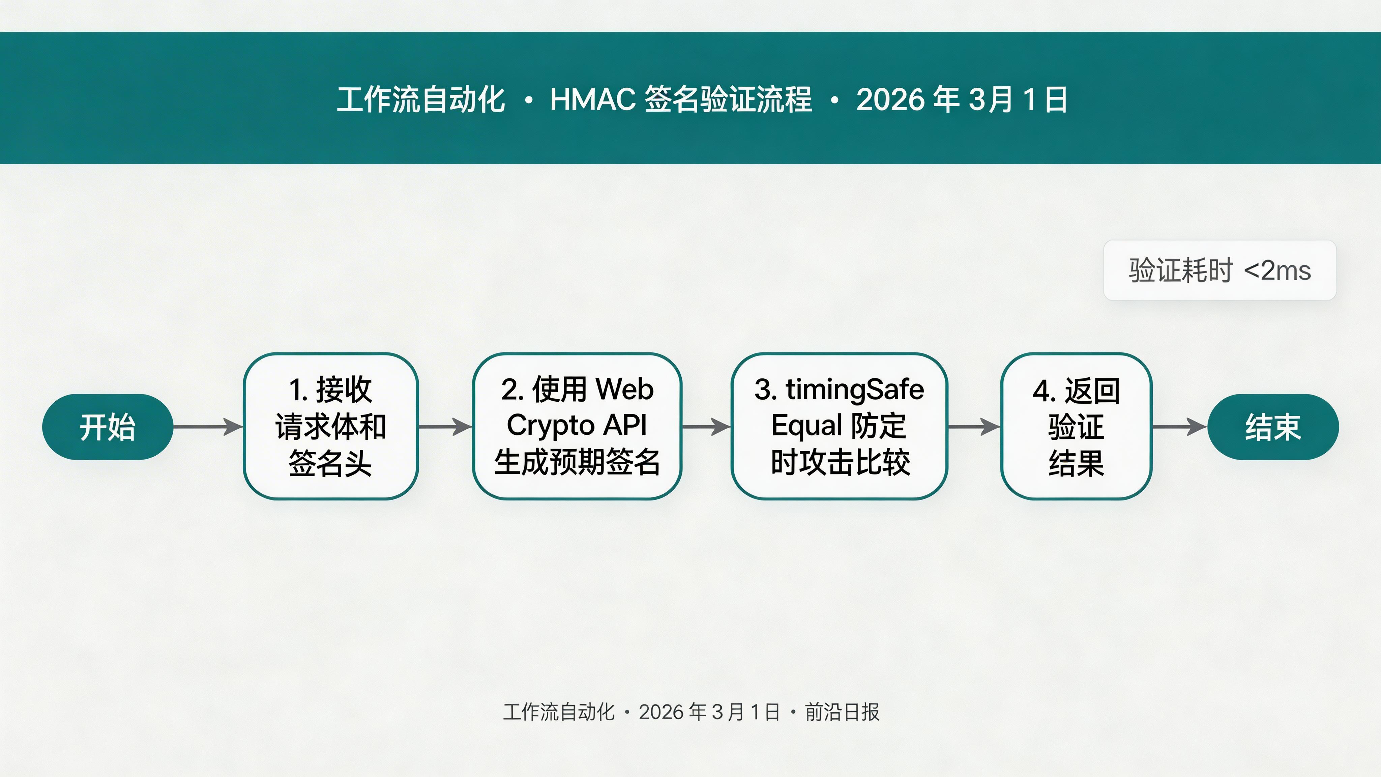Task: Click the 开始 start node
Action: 107,427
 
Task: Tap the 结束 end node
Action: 1273,427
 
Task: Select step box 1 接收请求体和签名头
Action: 330,426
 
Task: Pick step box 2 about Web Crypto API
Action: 577,426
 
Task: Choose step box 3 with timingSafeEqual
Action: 839,426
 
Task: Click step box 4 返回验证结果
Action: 1076,426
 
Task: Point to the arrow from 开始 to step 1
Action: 208,427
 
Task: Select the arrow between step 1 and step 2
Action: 445,427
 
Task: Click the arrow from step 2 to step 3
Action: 706,427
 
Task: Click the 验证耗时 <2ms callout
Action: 1220,270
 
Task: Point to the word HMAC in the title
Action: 592,100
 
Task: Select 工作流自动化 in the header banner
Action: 421,100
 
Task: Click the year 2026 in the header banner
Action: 890,100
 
